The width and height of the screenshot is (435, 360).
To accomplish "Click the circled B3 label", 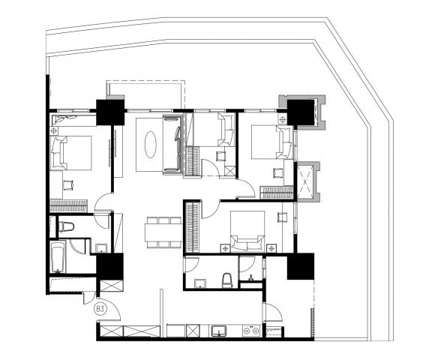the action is pyautogui.click(x=100, y=308).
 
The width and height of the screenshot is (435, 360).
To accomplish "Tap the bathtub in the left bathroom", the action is pyautogui.click(x=58, y=257).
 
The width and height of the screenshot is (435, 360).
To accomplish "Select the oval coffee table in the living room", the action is pyautogui.click(x=150, y=145).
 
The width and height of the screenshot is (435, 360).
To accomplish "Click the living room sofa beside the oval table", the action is pyautogui.click(x=172, y=145).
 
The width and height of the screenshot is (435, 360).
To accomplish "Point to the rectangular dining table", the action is pyautogui.click(x=163, y=232).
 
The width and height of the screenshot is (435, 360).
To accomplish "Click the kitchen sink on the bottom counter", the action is pyautogui.click(x=219, y=331).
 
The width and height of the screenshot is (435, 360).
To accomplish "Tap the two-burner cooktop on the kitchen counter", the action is pyautogui.click(x=251, y=331).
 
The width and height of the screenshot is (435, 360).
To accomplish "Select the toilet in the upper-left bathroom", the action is pyautogui.click(x=66, y=226).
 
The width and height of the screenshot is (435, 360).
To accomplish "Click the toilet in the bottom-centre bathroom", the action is pyautogui.click(x=226, y=280).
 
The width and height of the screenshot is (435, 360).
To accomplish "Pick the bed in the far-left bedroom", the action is pyautogui.click(x=71, y=153).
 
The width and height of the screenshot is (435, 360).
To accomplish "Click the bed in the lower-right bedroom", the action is pyautogui.click(x=247, y=231).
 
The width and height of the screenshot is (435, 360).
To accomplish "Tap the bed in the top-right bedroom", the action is pyautogui.click(x=271, y=142).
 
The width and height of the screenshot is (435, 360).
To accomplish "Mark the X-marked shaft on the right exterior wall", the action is pyautogui.click(x=305, y=182).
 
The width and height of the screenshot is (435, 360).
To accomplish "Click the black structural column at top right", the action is pyautogui.click(x=301, y=112).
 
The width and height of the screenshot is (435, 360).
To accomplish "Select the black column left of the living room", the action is pyautogui.click(x=109, y=112).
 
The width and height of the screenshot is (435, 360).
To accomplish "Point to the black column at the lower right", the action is pyautogui.click(x=301, y=266).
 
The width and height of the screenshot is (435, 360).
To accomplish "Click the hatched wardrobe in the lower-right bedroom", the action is pyautogui.click(x=193, y=228).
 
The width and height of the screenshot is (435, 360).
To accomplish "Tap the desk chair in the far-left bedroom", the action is pyautogui.click(x=68, y=185).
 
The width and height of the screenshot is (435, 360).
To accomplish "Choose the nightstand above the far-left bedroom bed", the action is pyautogui.click(x=54, y=130).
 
